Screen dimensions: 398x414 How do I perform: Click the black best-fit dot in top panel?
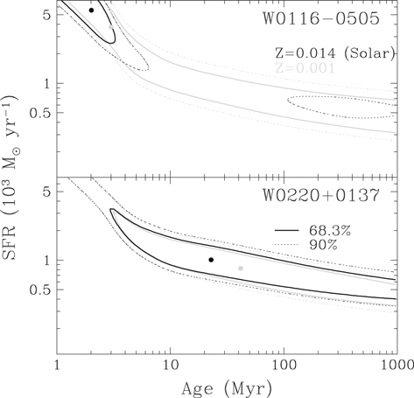91,10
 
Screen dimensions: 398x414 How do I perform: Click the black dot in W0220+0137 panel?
211,260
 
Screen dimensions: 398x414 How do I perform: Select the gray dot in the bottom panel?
241,268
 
